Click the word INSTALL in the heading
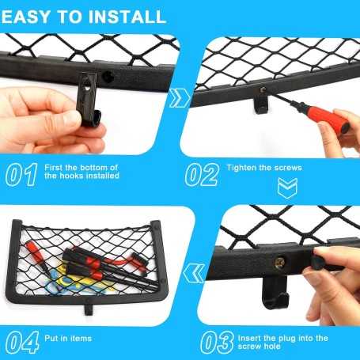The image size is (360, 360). tap(127, 17)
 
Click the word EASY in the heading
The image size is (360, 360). tap(25, 17)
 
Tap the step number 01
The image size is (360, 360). tap(21, 175)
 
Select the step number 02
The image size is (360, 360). tap(202, 175)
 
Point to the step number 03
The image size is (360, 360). tap(218, 342)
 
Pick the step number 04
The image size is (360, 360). tap(22, 342)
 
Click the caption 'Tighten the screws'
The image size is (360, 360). tap(264, 168)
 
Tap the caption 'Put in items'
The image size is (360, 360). tap(68, 339)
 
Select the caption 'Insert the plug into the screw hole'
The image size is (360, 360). tap(283, 342)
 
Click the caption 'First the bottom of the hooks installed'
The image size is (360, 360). tap(81, 172)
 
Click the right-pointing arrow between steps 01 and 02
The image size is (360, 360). tap(179, 98)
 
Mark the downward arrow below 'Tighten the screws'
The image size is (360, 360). tap(287, 188)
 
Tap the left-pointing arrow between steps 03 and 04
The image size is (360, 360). tap(194, 273)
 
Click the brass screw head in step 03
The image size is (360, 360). tap(279, 263)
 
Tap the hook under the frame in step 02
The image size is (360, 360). tap(260, 103)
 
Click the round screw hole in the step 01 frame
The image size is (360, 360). tap(108, 77)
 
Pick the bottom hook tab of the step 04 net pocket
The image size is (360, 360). tap(89, 309)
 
